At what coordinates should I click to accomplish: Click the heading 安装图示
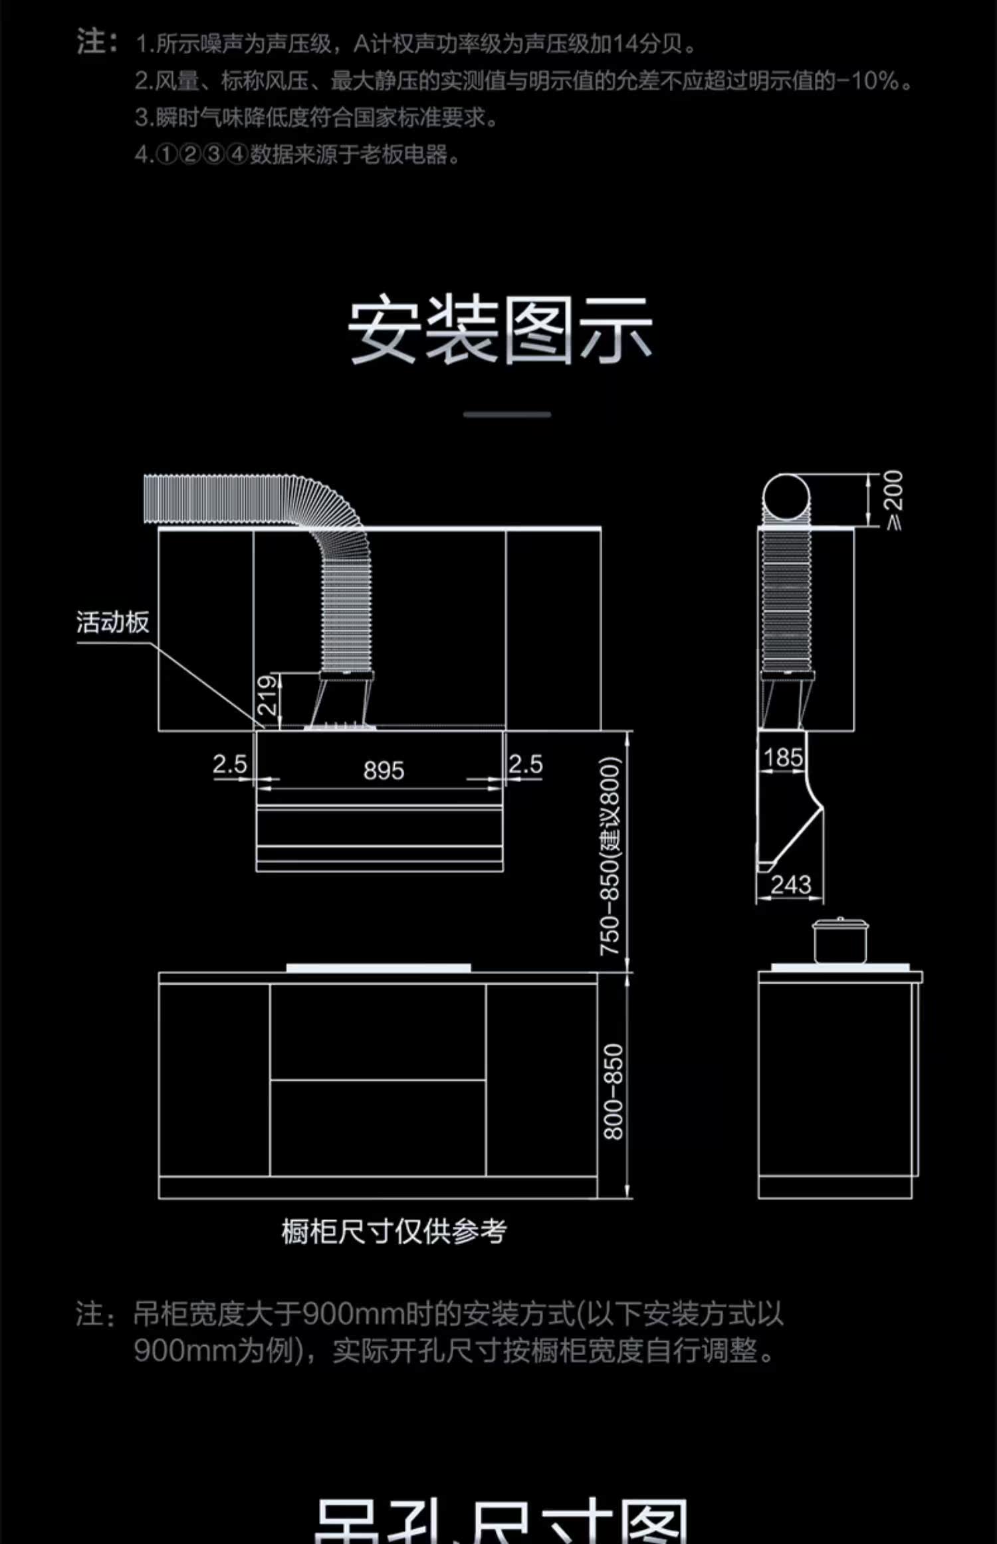click(499, 330)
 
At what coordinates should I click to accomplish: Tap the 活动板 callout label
click(112, 622)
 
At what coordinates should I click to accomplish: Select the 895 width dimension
click(384, 771)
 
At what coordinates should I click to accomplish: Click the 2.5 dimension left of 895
click(229, 764)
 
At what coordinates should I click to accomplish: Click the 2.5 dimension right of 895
click(526, 764)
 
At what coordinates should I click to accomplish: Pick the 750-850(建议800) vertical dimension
click(610, 856)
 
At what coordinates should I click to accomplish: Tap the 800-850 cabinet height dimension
click(613, 1091)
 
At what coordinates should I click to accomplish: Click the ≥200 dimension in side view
click(894, 499)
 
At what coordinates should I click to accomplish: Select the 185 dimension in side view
click(783, 757)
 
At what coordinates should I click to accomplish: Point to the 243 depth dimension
click(791, 885)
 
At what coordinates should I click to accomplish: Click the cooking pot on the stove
click(841, 940)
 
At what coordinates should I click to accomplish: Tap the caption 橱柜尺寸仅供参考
click(393, 1231)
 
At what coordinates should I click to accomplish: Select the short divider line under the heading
click(507, 414)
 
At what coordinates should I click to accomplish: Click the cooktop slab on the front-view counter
click(379, 968)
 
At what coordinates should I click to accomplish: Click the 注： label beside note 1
click(96, 42)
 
